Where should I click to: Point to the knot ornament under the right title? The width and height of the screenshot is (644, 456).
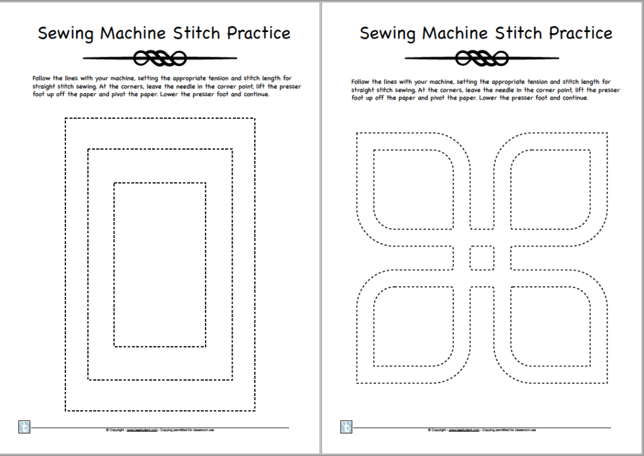click(482, 58)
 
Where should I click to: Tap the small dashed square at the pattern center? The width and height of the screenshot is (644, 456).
click(482, 257)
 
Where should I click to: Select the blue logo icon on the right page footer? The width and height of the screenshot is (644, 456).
click(346, 427)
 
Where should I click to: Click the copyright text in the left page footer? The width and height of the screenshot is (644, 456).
click(160, 430)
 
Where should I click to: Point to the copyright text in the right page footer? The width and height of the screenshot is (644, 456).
click(482, 430)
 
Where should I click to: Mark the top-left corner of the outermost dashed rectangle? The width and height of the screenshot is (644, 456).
click(65, 118)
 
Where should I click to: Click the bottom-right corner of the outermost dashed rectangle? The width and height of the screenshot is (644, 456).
click(255, 410)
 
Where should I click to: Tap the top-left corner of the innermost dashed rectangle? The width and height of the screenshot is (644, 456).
click(114, 183)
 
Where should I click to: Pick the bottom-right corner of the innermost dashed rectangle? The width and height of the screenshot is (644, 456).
click(206, 346)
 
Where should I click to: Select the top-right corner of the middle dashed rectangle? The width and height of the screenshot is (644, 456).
click(232, 149)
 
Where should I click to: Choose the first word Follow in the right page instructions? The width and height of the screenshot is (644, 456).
click(360, 82)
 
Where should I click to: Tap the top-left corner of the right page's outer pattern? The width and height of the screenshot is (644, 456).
click(357, 133)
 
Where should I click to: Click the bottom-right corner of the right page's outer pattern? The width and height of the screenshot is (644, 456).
click(607, 382)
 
